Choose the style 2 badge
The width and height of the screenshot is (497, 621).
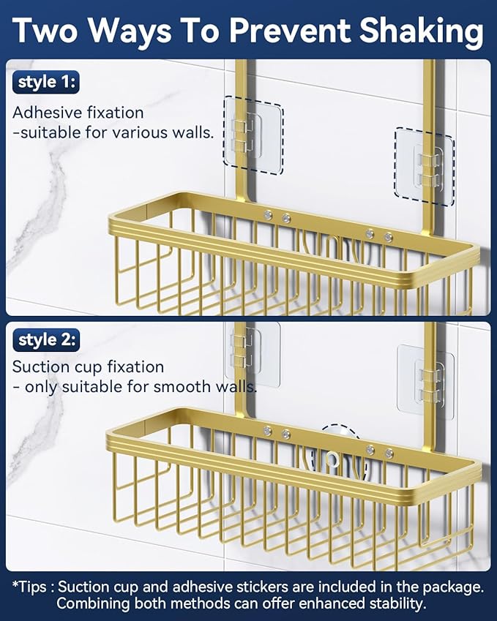point(46,340)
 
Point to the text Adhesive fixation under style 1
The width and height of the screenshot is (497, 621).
point(78,113)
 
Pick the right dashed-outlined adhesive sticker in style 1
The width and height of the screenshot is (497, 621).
point(425,162)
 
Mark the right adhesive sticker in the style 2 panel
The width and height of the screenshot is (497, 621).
point(425,383)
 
